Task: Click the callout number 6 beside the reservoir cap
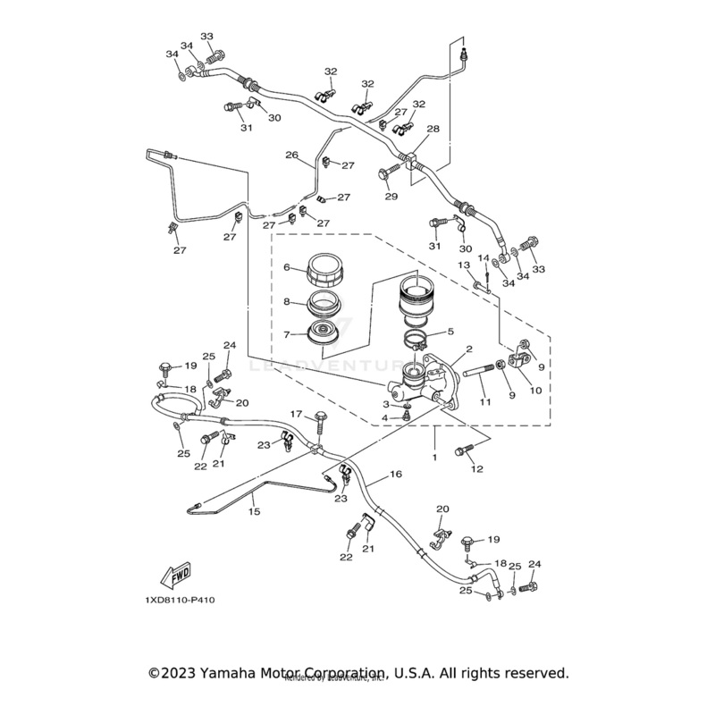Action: (x=287, y=267)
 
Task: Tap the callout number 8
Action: (x=287, y=302)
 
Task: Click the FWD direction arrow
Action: (x=177, y=573)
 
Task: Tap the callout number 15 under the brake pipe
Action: (x=254, y=511)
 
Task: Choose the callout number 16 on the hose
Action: (x=395, y=474)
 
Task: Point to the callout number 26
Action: (x=291, y=155)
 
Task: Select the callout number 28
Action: (x=433, y=130)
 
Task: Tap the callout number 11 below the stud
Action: (x=485, y=403)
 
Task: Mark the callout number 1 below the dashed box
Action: (x=433, y=456)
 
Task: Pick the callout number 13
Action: (x=464, y=265)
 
